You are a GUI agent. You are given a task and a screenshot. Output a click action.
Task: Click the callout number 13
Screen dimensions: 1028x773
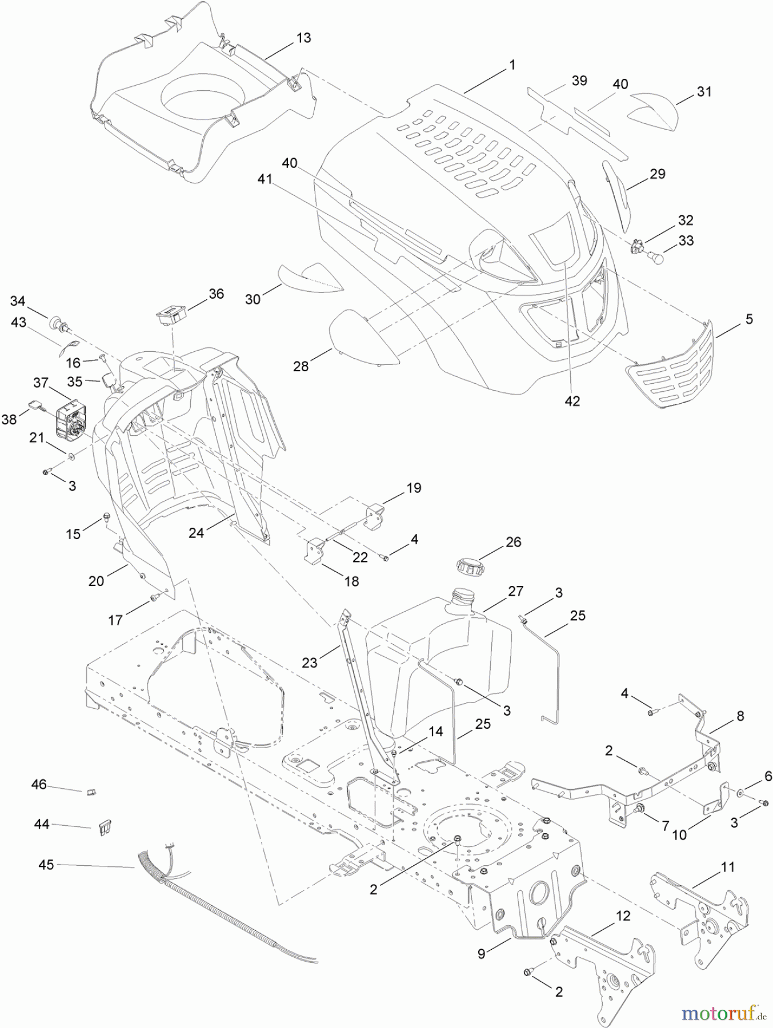pos(303,38)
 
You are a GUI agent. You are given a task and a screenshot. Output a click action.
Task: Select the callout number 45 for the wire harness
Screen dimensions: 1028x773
pos(46,865)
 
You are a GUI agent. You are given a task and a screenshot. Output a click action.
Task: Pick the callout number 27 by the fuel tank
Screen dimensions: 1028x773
pos(515,591)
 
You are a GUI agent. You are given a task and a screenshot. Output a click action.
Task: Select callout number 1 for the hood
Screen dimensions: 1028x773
pos(512,65)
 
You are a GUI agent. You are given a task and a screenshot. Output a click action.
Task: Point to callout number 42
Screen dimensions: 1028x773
pos(572,401)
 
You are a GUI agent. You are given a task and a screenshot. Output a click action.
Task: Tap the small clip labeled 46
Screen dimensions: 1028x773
pos(91,792)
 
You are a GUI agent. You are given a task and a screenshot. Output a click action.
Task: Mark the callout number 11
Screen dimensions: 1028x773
pos(727,868)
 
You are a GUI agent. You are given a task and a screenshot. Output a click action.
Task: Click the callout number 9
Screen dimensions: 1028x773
pos(482,953)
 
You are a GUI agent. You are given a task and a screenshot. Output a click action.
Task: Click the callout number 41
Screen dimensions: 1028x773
pos(264,179)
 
